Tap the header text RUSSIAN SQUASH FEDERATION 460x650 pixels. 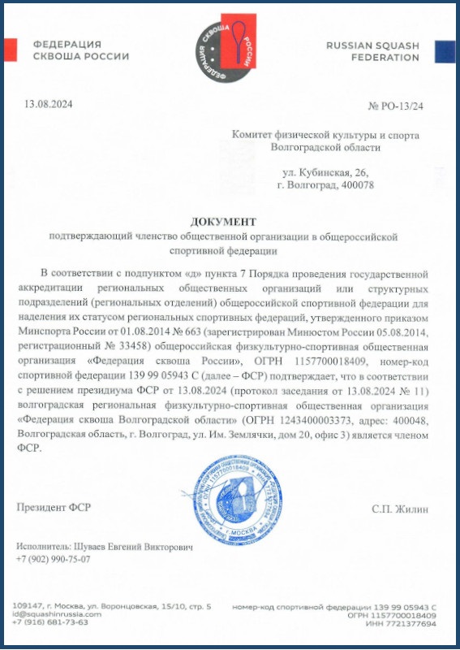pyautogui.click(x=372, y=51)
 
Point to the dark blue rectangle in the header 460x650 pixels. pyautogui.click(x=445, y=51)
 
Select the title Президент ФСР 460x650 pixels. pyautogui.click(x=54, y=508)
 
